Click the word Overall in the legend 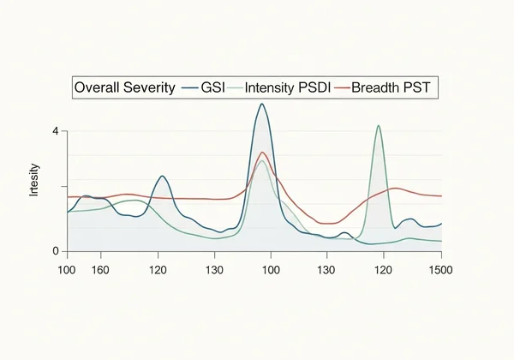[98, 87]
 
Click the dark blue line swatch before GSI [190, 87]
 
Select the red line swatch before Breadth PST [344, 87]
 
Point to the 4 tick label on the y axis [55, 131]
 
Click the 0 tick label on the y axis [55, 251]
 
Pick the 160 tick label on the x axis [101, 270]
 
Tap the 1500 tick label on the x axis [440, 270]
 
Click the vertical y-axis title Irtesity [35, 181]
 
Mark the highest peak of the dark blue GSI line [262, 104]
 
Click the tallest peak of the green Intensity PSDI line [378, 125]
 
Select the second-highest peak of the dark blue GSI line [162, 176]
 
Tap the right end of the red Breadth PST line [442, 196]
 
